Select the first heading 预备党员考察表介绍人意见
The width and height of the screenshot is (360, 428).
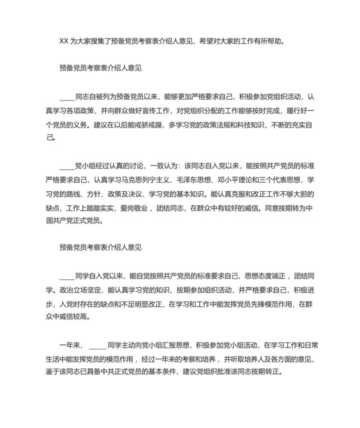point(100,68)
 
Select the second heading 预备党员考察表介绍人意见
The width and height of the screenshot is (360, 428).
point(100,247)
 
